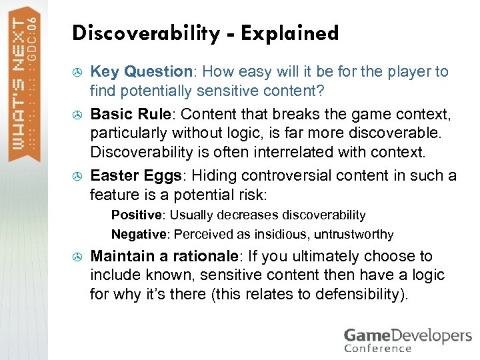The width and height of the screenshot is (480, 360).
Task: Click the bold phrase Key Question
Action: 141,71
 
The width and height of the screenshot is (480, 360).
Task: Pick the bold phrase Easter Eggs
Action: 134,175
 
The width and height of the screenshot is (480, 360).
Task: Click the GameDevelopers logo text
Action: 407,335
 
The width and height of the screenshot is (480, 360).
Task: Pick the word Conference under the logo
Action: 378,348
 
